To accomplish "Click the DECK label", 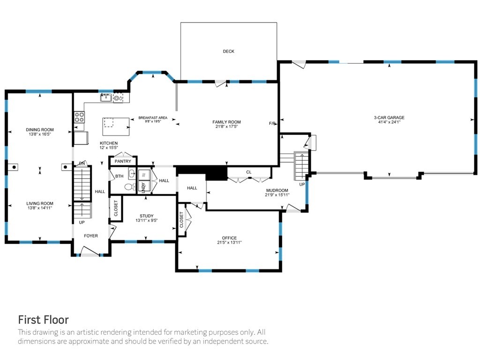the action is point(228,52).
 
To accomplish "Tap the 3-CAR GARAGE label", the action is point(389,118).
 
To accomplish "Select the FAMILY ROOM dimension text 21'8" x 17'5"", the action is point(226,126).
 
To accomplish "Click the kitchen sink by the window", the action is point(106,98).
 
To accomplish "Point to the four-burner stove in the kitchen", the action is point(79,117).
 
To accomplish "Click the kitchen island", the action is point(116,127).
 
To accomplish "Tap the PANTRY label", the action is point(123,161).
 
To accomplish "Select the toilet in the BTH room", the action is point(130,187).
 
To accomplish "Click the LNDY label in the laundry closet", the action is point(143,187).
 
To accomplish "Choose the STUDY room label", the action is point(147,216).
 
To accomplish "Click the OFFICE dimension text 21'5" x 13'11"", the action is point(229,242).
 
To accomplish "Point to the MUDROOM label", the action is point(277,190).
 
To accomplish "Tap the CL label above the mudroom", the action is point(248,172).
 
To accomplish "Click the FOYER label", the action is point(91,236).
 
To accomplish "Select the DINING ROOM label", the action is point(40,130).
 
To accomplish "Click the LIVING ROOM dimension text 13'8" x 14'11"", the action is point(40,208).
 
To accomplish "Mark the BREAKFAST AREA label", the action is point(153,118).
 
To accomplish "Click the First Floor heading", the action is point(44,320).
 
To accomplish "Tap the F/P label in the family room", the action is point(272,123).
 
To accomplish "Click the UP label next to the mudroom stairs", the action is point(302,184).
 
